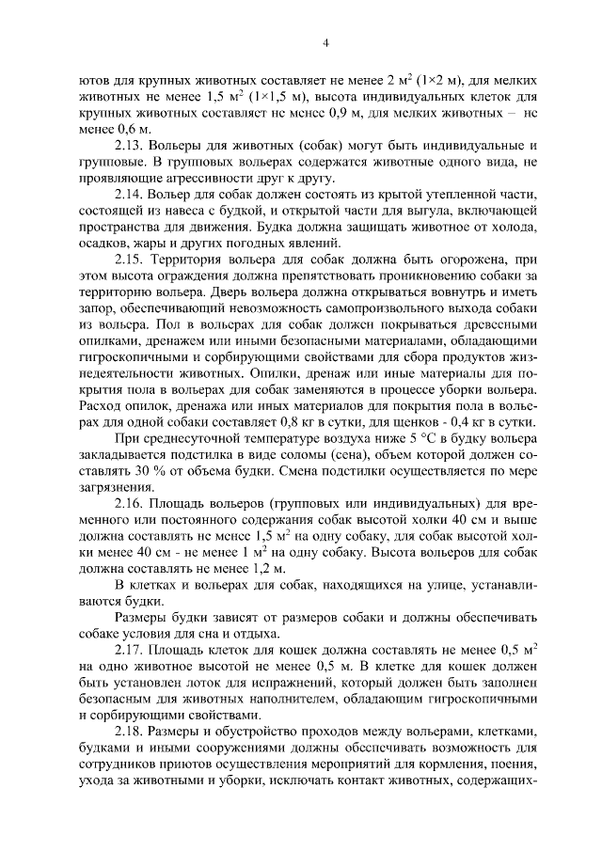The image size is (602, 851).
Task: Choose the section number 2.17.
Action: click(130, 651)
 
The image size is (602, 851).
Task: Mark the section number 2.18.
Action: click(130, 731)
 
